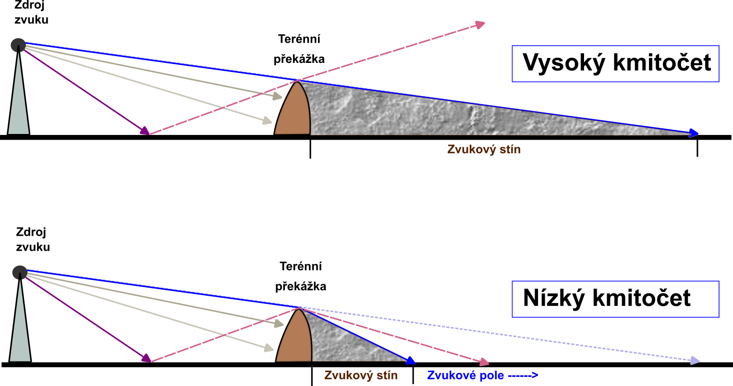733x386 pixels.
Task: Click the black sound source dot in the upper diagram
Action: tap(18, 45)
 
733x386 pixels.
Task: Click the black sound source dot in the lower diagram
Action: tap(20, 273)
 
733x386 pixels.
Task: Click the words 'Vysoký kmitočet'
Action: tap(616, 63)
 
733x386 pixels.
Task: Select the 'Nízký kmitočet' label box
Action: tap(615, 299)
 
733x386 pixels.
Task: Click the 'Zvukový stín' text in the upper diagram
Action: tap(484, 149)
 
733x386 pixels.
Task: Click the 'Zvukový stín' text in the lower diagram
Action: tap(361, 375)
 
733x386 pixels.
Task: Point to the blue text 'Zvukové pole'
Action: tap(465, 375)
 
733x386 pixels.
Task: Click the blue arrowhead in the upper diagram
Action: tap(694, 133)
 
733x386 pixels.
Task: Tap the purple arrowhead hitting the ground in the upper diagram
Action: tap(145, 131)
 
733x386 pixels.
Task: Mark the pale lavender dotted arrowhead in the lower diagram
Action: tap(695, 360)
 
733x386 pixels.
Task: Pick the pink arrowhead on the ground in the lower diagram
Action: tap(483, 362)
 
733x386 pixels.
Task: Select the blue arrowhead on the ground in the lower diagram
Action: tap(410, 361)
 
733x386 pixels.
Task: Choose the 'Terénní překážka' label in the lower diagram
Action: tap(301, 276)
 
